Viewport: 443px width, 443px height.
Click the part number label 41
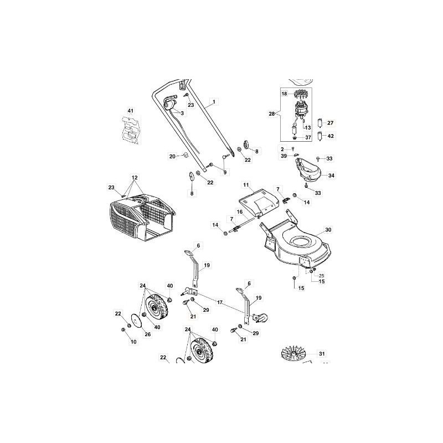pyautogui.click(x=131, y=112)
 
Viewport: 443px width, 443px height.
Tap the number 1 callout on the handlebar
pyautogui.click(x=215, y=102)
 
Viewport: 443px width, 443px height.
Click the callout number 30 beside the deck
pyautogui.click(x=328, y=229)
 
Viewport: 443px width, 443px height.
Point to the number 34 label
pyautogui.click(x=331, y=176)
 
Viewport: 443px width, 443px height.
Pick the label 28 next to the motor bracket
pyautogui.click(x=271, y=114)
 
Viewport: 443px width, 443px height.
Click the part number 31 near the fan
pyautogui.click(x=321, y=353)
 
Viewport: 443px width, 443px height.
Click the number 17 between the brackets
pyautogui.click(x=220, y=302)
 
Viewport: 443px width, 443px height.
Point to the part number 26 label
pyautogui.click(x=147, y=334)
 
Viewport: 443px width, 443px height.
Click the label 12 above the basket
pyautogui.click(x=134, y=178)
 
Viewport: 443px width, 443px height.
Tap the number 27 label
pyautogui.click(x=331, y=123)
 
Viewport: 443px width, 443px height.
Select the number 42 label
pyautogui.click(x=331, y=136)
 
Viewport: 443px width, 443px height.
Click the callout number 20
pyautogui.click(x=172, y=156)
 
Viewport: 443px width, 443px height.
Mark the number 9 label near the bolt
pyautogui.click(x=225, y=172)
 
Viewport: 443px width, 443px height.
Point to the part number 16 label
pyautogui.click(x=240, y=212)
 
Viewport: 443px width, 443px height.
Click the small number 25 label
pyautogui.click(x=321, y=275)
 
